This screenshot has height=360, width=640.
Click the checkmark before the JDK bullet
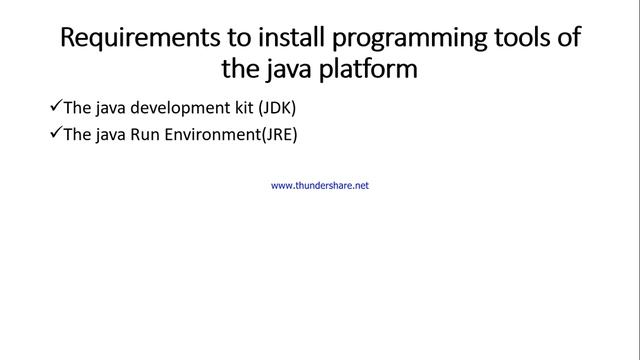coord(54,106)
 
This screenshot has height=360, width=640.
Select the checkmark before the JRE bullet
coord(54,132)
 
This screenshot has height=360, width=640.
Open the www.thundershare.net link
coord(320,186)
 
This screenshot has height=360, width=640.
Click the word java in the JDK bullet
coord(103,107)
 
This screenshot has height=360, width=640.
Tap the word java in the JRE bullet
coord(103,133)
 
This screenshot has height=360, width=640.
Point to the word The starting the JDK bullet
coord(75,107)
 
